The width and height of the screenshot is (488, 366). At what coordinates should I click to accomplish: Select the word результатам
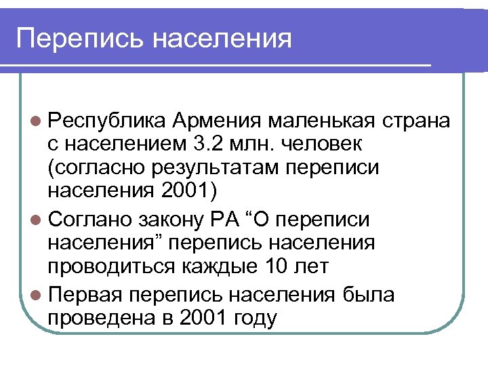[223, 167]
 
